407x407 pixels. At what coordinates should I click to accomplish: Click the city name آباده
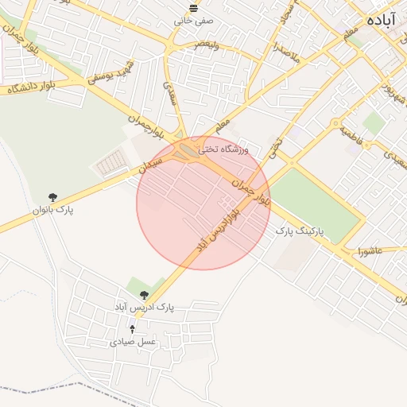(386, 18)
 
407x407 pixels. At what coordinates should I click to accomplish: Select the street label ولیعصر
(208, 45)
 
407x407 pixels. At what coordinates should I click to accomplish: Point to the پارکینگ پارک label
(297, 230)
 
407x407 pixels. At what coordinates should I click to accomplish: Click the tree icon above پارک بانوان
(52, 196)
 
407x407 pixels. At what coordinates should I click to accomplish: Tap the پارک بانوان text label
(52, 210)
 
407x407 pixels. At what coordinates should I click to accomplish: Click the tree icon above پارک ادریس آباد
(144, 294)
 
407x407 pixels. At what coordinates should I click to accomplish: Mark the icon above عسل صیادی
(133, 328)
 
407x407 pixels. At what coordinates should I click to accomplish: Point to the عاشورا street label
(370, 251)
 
